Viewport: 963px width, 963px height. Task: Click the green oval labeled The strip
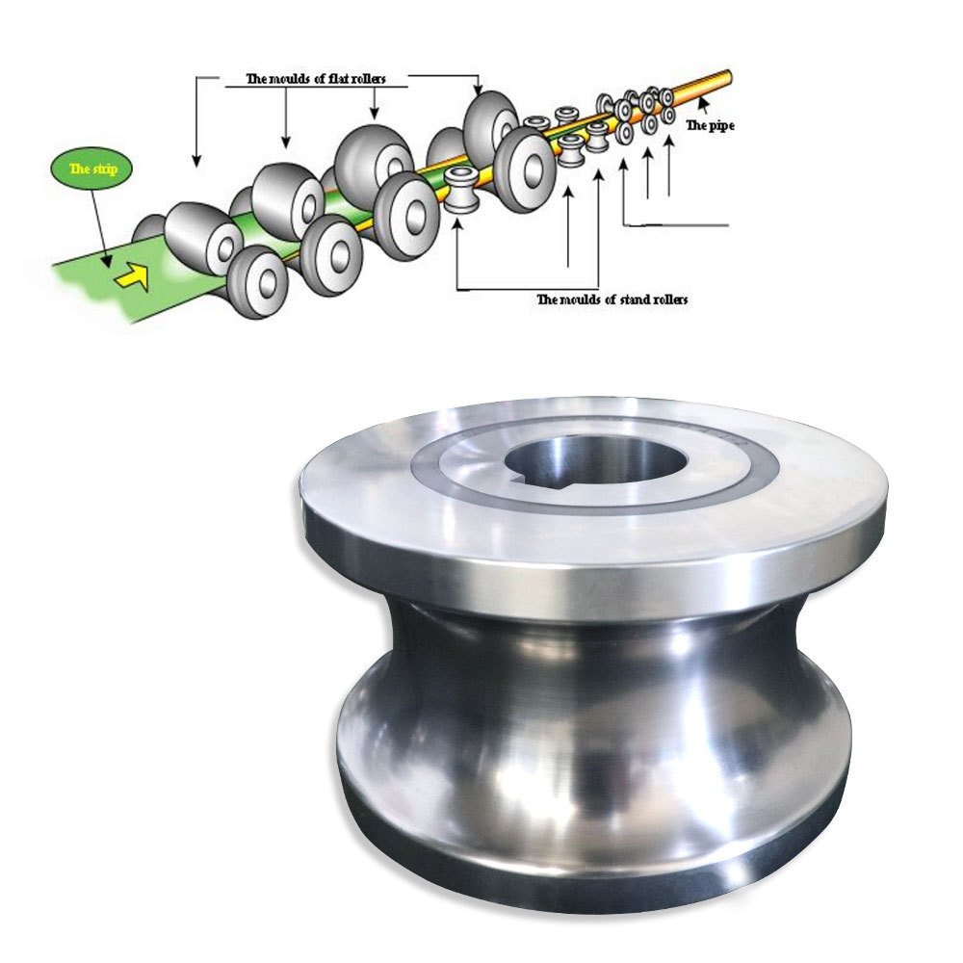[92, 169]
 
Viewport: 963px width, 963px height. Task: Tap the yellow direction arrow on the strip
[135, 276]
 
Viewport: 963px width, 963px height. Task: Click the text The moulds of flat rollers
[316, 79]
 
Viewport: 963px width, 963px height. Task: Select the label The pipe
[710, 126]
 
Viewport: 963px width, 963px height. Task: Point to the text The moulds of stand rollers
[612, 299]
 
